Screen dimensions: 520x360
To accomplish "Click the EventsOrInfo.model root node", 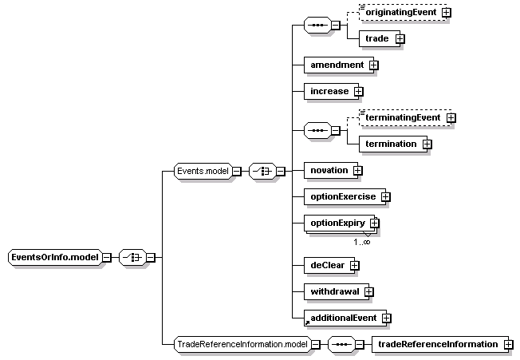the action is tap(55, 257).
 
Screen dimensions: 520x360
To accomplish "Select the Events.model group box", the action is tap(203, 171).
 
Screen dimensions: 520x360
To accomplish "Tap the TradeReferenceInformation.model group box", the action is tap(242, 344).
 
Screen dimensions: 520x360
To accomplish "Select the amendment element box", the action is tap(339, 65).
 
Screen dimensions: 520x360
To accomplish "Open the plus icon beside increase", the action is tap(358, 92).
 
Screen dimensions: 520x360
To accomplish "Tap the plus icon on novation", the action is tap(357, 171).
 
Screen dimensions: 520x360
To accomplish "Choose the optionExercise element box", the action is tap(345, 196).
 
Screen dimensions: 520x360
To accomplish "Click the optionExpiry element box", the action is tap(340, 224).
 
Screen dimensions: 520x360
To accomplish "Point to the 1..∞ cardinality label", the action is tap(361, 242).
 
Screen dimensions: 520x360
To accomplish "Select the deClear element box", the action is tap(329, 266).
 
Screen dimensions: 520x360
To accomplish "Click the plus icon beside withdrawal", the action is tap(368, 291).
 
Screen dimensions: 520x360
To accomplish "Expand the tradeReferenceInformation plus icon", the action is tap(508, 345).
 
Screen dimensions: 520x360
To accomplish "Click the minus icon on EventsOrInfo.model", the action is tap(106, 258).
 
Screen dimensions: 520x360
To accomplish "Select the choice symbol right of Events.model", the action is tap(262, 171).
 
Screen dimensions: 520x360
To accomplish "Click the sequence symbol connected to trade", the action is tap(317, 26).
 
